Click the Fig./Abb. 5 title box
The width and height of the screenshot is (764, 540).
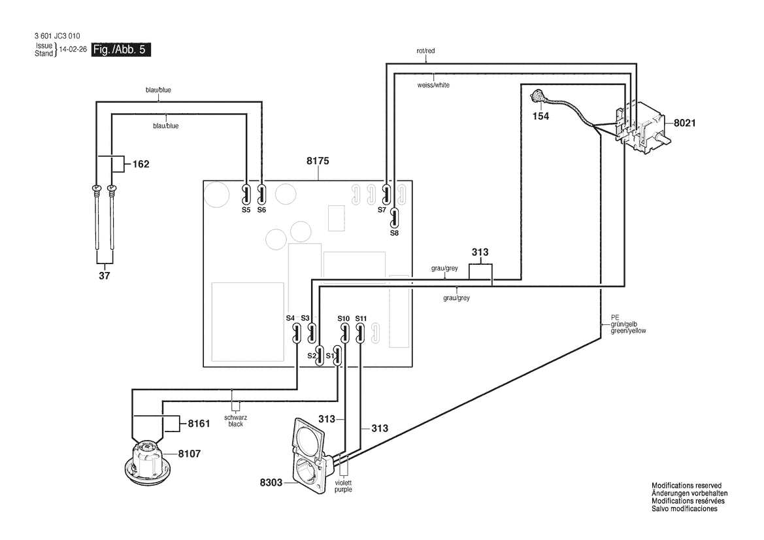pyautogui.click(x=122, y=50)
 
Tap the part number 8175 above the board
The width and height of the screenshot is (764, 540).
pyautogui.click(x=318, y=161)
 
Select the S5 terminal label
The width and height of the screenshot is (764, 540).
pyautogui.click(x=246, y=210)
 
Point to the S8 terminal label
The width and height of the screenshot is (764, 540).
pyautogui.click(x=394, y=233)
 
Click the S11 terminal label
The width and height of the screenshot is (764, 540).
pyautogui.click(x=361, y=319)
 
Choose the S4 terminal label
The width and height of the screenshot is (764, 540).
pyautogui.click(x=290, y=318)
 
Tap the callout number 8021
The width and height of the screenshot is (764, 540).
pyautogui.click(x=684, y=123)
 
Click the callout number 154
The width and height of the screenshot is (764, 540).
pyautogui.click(x=540, y=116)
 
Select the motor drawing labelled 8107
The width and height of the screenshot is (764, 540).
pyautogui.click(x=148, y=459)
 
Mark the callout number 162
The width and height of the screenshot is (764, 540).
pyautogui.click(x=141, y=164)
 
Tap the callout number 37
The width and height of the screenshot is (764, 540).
pyautogui.click(x=105, y=276)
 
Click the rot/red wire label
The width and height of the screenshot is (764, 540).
pyautogui.click(x=426, y=51)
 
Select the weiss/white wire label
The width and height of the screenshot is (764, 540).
pyautogui.click(x=433, y=85)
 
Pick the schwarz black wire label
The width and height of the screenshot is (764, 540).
pyautogui.click(x=236, y=420)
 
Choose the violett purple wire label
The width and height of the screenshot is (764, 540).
pyautogui.click(x=343, y=486)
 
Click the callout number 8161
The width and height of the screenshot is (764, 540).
pyautogui.click(x=199, y=424)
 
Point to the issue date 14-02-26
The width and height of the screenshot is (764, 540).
pyautogui.click(x=73, y=50)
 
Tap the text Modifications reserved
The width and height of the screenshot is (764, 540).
pyautogui.click(x=686, y=486)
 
